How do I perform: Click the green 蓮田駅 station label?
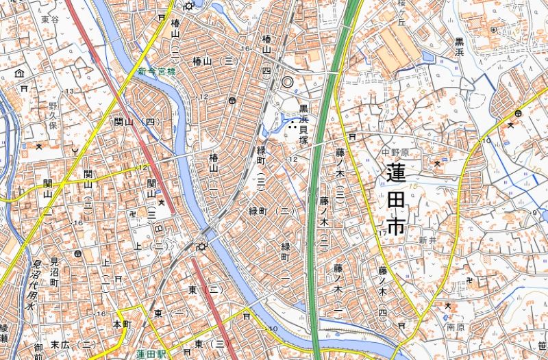(x=152, y=353)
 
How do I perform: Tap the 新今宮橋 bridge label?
(x=156, y=70)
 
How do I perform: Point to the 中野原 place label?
(x=395, y=153)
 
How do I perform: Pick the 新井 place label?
(x=427, y=241)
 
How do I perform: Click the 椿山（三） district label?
(x=214, y=61)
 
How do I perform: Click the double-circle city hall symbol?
(x=288, y=81)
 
